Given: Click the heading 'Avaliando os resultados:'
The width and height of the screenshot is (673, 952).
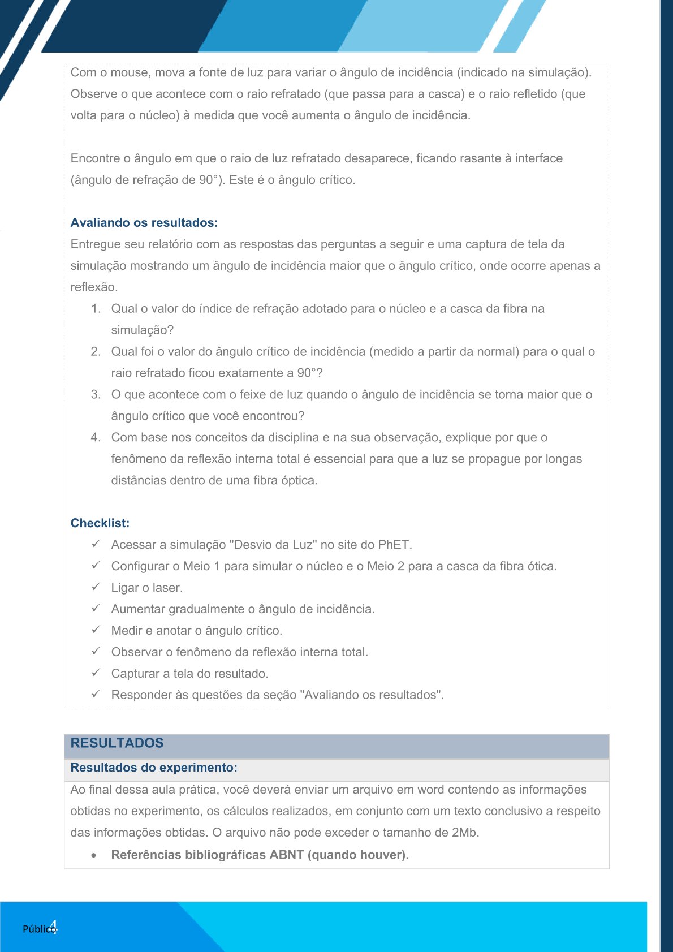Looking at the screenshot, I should [144, 223].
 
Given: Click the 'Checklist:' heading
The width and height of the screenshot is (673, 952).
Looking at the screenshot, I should [100, 523].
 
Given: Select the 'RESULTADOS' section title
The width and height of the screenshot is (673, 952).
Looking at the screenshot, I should [117, 743].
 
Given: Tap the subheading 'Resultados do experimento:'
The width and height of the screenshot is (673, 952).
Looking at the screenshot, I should [153, 768].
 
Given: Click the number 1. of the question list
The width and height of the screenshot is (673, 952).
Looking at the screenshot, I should [96, 309].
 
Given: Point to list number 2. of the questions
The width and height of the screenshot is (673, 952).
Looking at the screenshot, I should [96, 352].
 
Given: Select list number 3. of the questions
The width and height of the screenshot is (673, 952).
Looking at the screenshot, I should [96, 395].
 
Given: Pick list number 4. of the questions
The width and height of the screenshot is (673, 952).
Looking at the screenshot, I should [96, 438].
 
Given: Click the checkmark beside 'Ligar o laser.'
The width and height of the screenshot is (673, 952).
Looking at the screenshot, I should [96, 587].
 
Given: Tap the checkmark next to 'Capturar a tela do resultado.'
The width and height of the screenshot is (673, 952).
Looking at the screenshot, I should [96, 673].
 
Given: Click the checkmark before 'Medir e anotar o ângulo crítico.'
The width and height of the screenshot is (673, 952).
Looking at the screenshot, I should [96, 630].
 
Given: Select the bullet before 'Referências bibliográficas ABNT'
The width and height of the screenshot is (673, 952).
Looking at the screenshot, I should [93, 855].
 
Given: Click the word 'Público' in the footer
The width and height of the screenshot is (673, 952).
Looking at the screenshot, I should [38, 929].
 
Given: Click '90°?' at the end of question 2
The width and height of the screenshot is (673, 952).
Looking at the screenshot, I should [310, 373].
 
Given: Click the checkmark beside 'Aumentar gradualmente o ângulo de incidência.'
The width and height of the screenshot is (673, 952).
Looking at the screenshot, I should [96, 609].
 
